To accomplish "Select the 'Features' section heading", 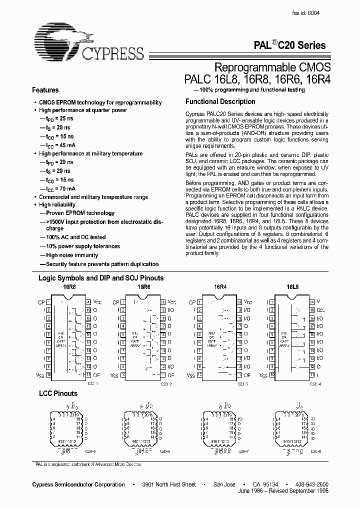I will coord(45,90).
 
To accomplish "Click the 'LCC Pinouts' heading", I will coord(58,393).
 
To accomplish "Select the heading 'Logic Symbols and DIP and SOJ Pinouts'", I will coord(101,278).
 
